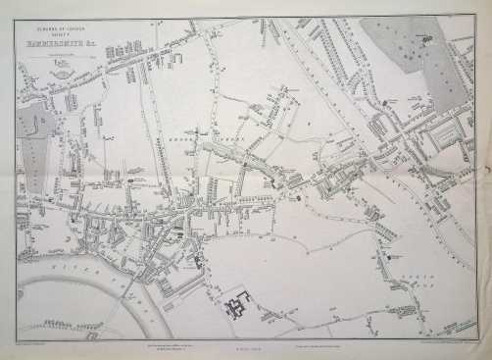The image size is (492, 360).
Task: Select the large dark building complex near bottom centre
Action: tap(238, 305)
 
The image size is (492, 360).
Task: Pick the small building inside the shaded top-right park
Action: tap(425, 39)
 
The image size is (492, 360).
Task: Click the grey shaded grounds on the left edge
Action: tap(33, 157)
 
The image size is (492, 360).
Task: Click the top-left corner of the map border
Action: tap(17, 19)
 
